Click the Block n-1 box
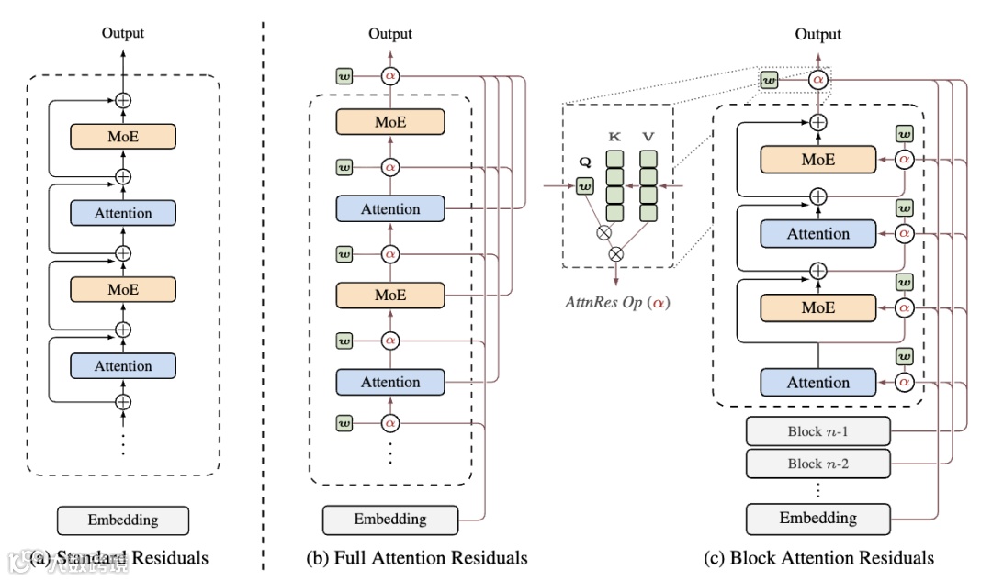point(817,430)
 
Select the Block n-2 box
point(817,464)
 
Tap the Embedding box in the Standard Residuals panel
point(122,520)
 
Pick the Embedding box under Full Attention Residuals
point(390,520)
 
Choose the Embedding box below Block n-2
point(817,519)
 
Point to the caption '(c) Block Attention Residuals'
point(817,557)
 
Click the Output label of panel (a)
point(122,34)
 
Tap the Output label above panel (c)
point(817,34)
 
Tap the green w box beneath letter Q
point(583,188)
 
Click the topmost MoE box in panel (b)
point(390,122)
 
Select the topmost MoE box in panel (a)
point(123,137)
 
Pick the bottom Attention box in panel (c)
point(817,383)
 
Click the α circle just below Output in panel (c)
point(817,80)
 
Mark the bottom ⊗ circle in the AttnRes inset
point(616,252)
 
